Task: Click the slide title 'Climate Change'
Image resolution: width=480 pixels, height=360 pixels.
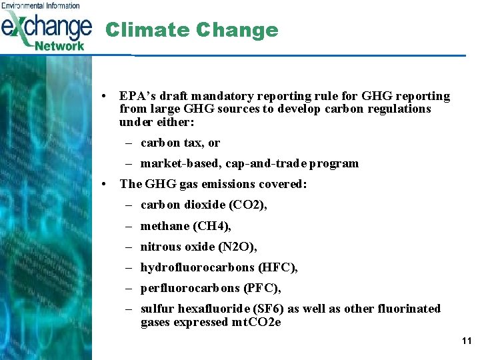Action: (192, 30)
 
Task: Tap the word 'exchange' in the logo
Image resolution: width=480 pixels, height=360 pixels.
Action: (47, 28)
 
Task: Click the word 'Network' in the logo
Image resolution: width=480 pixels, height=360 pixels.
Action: (59, 46)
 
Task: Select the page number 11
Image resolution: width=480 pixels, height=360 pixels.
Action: (466, 341)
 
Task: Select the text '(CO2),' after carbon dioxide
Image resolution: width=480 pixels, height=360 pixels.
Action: (247, 205)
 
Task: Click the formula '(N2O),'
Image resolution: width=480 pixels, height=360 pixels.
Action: (237, 247)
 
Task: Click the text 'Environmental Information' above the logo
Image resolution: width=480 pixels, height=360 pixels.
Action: (40, 5)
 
